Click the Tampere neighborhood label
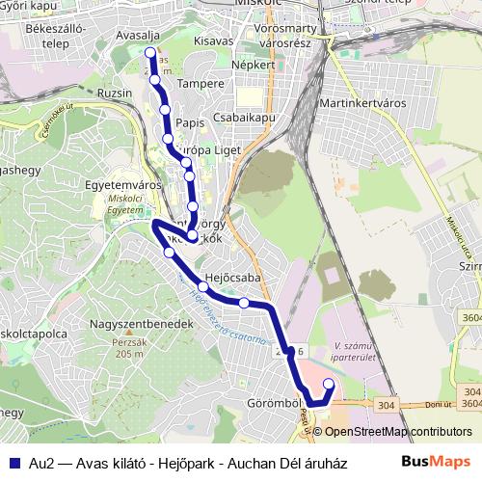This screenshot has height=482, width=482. (x=201, y=84)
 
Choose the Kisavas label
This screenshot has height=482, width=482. (x=213, y=41)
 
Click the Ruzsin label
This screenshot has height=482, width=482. (x=115, y=94)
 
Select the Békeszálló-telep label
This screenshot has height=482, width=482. (x=57, y=36)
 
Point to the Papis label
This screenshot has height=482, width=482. (x=190, y=123)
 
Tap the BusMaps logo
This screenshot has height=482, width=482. (x=437, y=461)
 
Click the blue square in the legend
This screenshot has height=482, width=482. (x=13, y=462)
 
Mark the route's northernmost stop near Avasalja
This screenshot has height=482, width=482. (x=150, y=52)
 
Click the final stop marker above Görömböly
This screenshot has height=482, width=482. (x=328, y=385)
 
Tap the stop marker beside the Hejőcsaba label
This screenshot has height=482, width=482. (x=203, y=286)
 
